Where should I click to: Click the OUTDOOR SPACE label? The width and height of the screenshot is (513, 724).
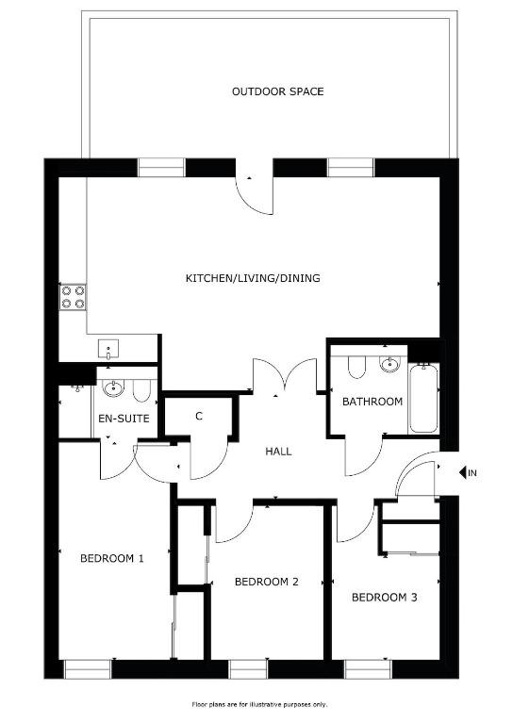(277, 91)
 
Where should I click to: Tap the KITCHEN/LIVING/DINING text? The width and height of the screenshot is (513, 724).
(253, 278)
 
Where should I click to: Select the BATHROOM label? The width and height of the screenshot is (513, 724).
(372, 402)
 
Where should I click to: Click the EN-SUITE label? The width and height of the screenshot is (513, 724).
(124, 419)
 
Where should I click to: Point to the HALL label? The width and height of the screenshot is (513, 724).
(278, 452)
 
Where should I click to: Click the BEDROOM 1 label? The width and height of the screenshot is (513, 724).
(112, 558)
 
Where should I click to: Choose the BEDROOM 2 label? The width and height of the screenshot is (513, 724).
(267, 582)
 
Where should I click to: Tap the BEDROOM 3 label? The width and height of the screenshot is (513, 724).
(384, 598)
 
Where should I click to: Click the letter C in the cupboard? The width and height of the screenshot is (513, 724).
(199, 417)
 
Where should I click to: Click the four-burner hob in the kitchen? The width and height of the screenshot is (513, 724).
(73, 297)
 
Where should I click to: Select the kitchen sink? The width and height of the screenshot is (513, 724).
(108, 349)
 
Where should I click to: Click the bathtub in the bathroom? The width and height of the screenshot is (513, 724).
(423, 399)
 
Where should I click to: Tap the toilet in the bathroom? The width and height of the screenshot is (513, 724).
(356, 366)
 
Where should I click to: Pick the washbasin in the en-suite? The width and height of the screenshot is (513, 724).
(113, 387)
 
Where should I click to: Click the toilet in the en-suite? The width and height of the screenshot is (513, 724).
(141, 390)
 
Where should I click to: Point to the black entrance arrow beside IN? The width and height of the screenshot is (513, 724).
(463, 473)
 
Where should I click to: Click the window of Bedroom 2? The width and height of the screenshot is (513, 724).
(248, 669)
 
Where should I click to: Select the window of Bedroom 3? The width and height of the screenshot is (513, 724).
(368, 669)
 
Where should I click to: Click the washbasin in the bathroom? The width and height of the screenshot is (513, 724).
(390, 364)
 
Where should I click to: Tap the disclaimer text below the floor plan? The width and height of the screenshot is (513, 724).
(259, 704)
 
